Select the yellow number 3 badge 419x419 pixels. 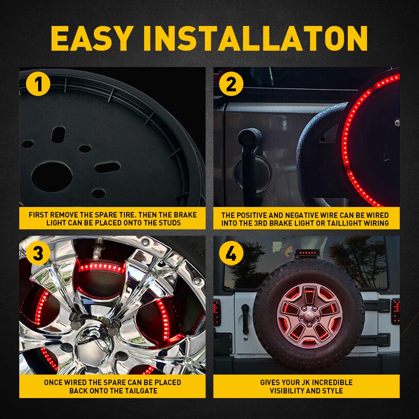(38, 253)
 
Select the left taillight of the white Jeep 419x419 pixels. (222, 310)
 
